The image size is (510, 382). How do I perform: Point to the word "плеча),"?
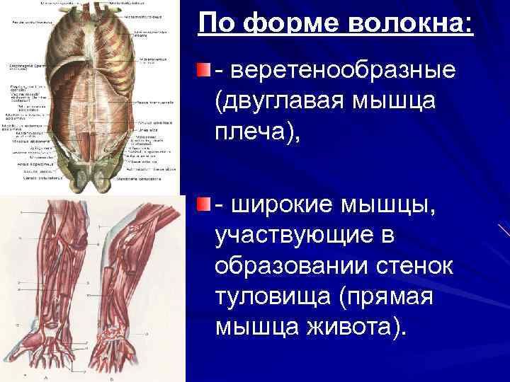(258, 132)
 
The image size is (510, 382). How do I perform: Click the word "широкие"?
(287, 204)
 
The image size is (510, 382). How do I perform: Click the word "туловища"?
(273, 296)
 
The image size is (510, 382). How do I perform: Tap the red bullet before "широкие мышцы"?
(204, 204)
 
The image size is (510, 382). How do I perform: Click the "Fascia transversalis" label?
(153, 103)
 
